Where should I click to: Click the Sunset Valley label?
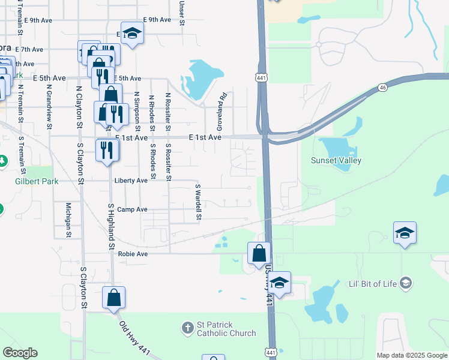(336, 160)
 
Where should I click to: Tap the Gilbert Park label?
(37, 181)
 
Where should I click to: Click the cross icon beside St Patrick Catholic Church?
(187, 328)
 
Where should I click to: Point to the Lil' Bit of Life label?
(373, 283)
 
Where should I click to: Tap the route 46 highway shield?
(382, 88)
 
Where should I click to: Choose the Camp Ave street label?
(132, 209)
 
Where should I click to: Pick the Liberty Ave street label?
(131, 180)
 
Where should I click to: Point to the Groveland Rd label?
(220, 112)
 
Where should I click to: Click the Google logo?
(20, 353)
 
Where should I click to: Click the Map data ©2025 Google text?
(411, 355)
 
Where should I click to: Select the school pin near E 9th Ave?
(132, 33)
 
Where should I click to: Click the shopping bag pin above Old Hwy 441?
(113, 298)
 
